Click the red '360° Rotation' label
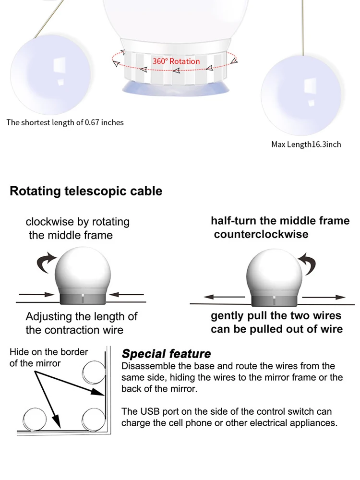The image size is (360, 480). [176, 61]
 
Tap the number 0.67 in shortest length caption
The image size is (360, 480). [93, 122]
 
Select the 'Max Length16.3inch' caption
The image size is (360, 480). [306, 144]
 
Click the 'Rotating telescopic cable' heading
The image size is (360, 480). [86, 191]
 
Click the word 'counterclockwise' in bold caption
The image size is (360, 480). [261, 234]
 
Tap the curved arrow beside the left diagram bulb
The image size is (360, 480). [47, 263]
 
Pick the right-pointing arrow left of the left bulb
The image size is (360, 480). [36, 294]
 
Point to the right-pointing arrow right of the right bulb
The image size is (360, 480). [324, 297]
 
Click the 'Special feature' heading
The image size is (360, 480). [166, 354]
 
